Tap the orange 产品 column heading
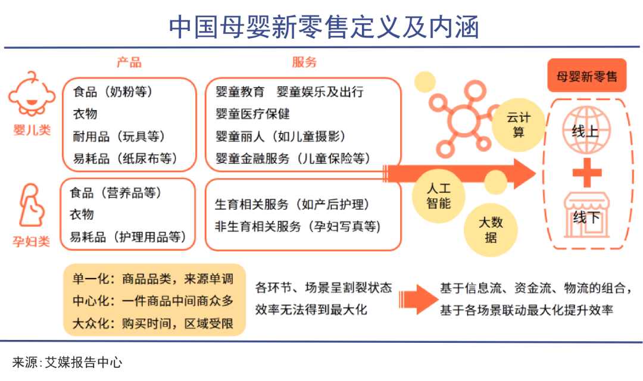point(129,63)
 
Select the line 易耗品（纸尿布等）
point(125,158)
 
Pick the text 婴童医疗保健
point(253,114)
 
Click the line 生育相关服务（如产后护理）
point(292,205)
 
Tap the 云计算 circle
point(519,124)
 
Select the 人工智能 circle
point(438,196)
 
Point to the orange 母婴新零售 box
point(586,77)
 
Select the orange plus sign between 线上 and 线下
point(586,173)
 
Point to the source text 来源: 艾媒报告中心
point(67,362)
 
